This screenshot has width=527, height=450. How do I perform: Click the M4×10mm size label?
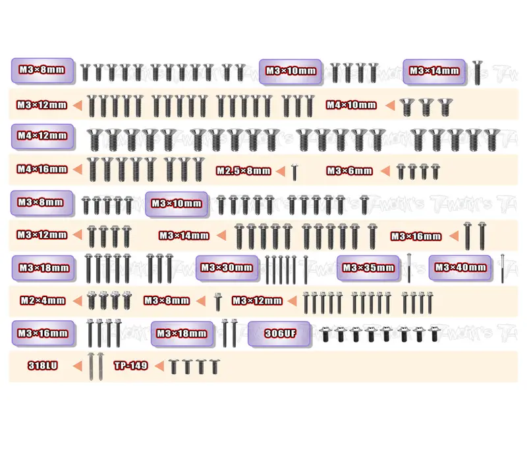click(x=351, y=105)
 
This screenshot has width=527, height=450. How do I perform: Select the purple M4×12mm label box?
click(x=42, y=136)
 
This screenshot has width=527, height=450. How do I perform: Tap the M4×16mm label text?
click(x=42, y=169)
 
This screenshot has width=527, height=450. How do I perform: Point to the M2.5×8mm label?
click(x=243, y=171)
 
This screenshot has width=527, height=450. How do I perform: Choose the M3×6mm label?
click(x=350, y=171)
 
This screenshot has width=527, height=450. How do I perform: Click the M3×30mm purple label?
click(x=227, y=268)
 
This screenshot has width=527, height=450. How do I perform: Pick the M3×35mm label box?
click(x=368, y=268)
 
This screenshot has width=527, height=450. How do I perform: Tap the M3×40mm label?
click(x=460, y=267)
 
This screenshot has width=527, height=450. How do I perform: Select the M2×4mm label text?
click(x=43, y=301)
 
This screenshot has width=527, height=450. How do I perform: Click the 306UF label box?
click(x=279, y=334)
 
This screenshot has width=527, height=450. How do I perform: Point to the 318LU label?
click(x=43, y=366)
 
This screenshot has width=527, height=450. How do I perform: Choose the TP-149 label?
click(x=130, y=366)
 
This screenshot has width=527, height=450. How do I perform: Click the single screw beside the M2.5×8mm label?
click(x=294, y=172)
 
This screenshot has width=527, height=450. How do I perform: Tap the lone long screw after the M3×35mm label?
click(x=409, y=268)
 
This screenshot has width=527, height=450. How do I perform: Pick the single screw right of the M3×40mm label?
click(x=503, y=269)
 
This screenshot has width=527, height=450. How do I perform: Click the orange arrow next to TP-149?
click(x=159, y=366)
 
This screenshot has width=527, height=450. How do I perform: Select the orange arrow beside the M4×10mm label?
click(x=390, y=105)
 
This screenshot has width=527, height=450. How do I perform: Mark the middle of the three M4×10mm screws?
click(x=426, y=107)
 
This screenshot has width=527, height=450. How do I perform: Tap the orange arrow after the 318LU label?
click(x=77, y=366)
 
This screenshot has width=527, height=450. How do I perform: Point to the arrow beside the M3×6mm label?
click(x=385, y=171)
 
